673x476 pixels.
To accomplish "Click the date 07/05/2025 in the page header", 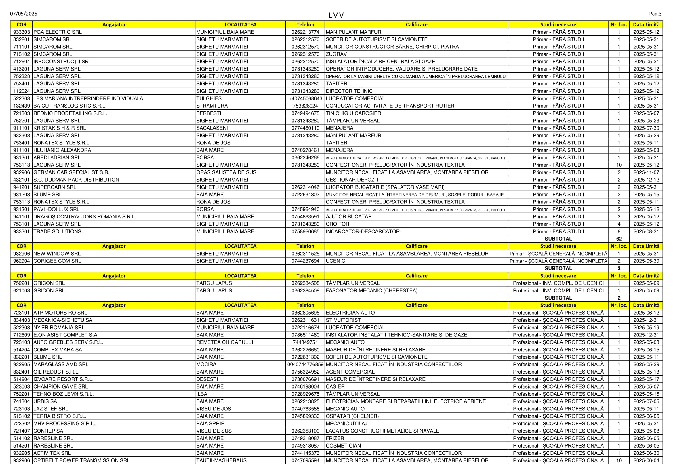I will [x=24, y=14].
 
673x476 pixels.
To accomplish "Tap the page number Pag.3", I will [x=655, y=14].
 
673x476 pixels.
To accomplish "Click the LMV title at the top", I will [x=336, y=15].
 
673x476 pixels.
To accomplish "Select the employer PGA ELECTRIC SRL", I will [x=58, y=32].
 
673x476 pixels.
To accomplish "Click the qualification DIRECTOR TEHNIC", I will [x=349, y=91].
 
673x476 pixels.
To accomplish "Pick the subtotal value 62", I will [x=619, y=239].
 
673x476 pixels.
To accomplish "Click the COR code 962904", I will [x=21, y=261].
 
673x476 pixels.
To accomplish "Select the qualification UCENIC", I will [x=335, y=261].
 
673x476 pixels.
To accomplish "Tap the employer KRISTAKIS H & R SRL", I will [x=60, y=128].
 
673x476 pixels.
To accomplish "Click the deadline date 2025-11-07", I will [x=646, y=172].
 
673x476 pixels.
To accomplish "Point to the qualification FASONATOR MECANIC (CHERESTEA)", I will [x=371, y=290].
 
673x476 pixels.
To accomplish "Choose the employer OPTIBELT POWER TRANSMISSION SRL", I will [x=81, y=460].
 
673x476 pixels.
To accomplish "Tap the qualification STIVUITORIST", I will [x=343, y=320].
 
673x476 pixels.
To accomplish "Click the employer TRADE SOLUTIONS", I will [x=57, y=232].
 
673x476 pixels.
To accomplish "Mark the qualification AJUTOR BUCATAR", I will [x=348, y=217].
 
